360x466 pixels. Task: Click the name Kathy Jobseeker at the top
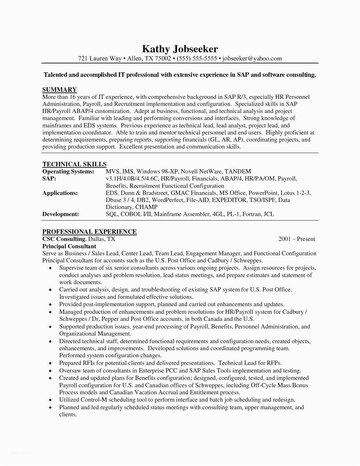180,49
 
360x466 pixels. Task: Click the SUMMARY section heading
60,90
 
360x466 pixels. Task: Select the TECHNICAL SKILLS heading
74,164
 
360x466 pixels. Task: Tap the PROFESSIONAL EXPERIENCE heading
90,232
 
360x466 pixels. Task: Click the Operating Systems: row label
68,171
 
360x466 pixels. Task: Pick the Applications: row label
60,193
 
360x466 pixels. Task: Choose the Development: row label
60,214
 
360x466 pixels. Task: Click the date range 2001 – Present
296,239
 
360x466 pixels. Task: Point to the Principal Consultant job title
69,246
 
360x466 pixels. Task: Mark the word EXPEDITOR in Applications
229,200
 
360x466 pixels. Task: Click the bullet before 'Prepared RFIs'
50,363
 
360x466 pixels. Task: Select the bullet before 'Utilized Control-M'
50,400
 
